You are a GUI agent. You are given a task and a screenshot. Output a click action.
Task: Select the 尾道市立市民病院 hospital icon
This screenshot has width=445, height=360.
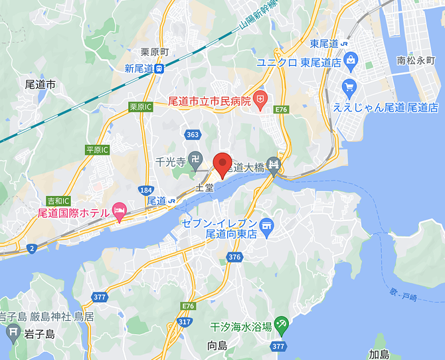click(260, 101)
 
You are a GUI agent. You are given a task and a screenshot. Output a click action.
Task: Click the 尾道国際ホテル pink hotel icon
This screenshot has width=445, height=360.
click(120, 212)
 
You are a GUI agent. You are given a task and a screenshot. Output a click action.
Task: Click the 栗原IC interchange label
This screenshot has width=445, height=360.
click(141, 106)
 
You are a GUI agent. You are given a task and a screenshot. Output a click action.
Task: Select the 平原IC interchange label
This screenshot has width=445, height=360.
click(97, 150)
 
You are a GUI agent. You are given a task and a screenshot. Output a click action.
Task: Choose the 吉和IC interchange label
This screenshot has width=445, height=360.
click(58, 200)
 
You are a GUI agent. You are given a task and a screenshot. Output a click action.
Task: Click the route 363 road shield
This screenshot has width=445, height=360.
click(193, 135)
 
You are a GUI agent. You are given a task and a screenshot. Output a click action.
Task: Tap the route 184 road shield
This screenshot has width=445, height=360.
click(147, 191)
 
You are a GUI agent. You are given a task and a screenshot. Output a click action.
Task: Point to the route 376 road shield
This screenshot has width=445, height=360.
click(234, 257)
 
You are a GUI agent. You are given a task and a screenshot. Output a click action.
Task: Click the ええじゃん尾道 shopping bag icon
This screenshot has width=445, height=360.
click(349, 86)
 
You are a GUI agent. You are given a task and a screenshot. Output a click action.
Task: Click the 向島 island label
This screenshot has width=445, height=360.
click(217, 345)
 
